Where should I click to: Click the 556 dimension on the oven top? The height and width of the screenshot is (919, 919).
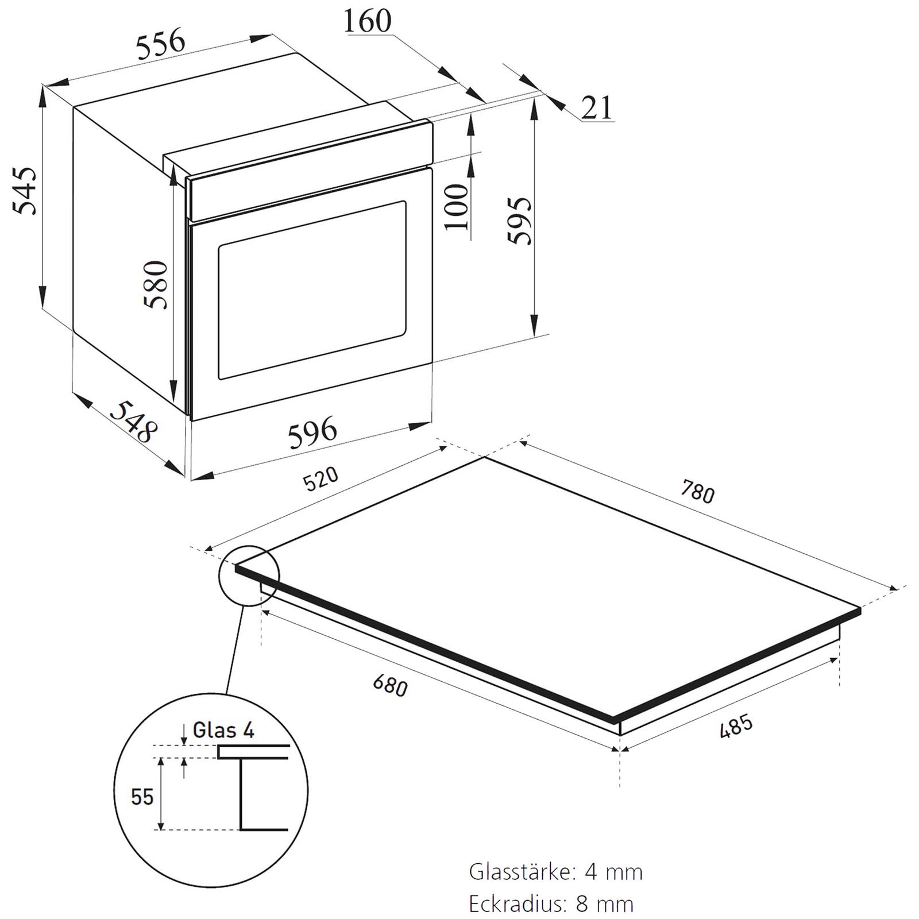(x=161, y=44)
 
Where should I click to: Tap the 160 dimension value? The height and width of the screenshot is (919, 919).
(x=367, y=21)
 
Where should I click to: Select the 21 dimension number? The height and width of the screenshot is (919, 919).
(x=597, y=107)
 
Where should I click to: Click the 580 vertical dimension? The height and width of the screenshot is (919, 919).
(x=156, y=285)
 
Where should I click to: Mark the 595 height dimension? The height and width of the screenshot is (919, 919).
(x=520, y=221)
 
